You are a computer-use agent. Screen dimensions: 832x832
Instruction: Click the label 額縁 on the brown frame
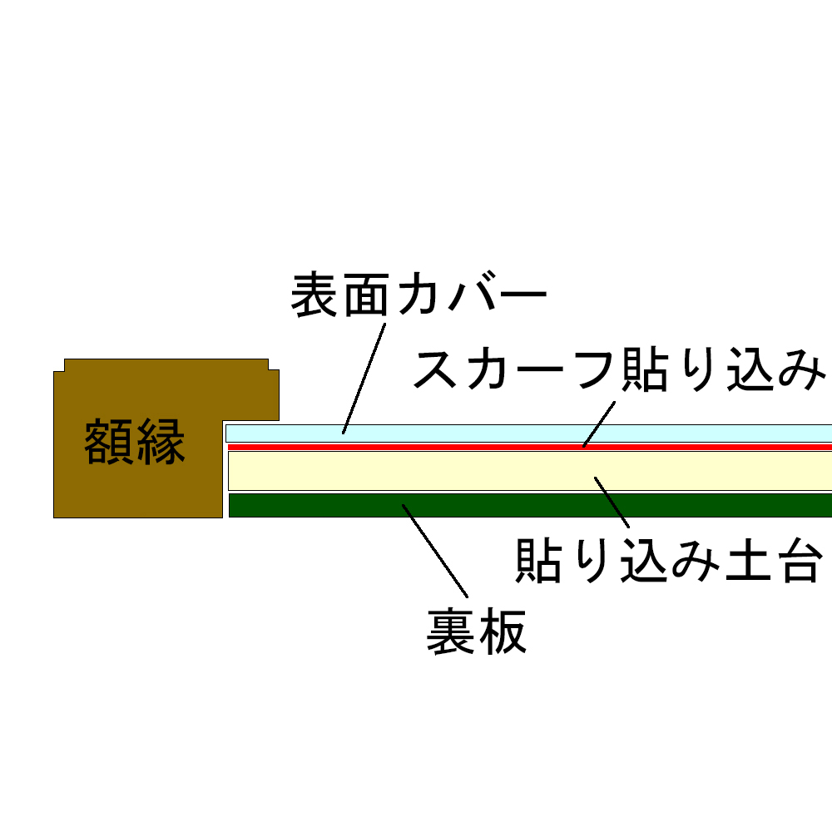tap(134, 442)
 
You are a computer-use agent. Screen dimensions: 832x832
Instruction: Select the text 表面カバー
tap(418, 295)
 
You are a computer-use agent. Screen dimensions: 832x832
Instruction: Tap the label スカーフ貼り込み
tap(619, 369)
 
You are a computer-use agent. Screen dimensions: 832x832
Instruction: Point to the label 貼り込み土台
tap(669, 560)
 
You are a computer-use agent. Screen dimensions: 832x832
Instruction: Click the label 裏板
tap(477, 631)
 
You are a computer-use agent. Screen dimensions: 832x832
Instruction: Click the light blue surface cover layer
tap(528, 433)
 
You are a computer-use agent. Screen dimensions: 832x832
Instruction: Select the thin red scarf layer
tap(529, 448)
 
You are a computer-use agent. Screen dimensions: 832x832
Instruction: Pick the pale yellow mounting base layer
tap(529, 471)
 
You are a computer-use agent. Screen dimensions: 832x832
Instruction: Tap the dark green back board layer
tap(530, 505)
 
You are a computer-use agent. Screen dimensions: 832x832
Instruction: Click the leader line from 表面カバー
tap(364, 379)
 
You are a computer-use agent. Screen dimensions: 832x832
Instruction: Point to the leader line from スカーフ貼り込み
tap(599, 424)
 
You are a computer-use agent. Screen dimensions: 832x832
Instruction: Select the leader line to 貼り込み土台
tap(612, 503)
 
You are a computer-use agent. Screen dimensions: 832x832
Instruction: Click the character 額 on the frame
tap(108, 442)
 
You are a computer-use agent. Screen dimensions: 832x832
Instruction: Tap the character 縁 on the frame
tap(161, 442)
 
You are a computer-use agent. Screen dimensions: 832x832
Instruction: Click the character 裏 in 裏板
tap(450, 631)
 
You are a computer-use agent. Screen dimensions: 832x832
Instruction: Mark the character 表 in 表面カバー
tap(314, 295)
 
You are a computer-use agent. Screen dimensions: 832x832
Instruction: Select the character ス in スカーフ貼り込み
tap(435, 369)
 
